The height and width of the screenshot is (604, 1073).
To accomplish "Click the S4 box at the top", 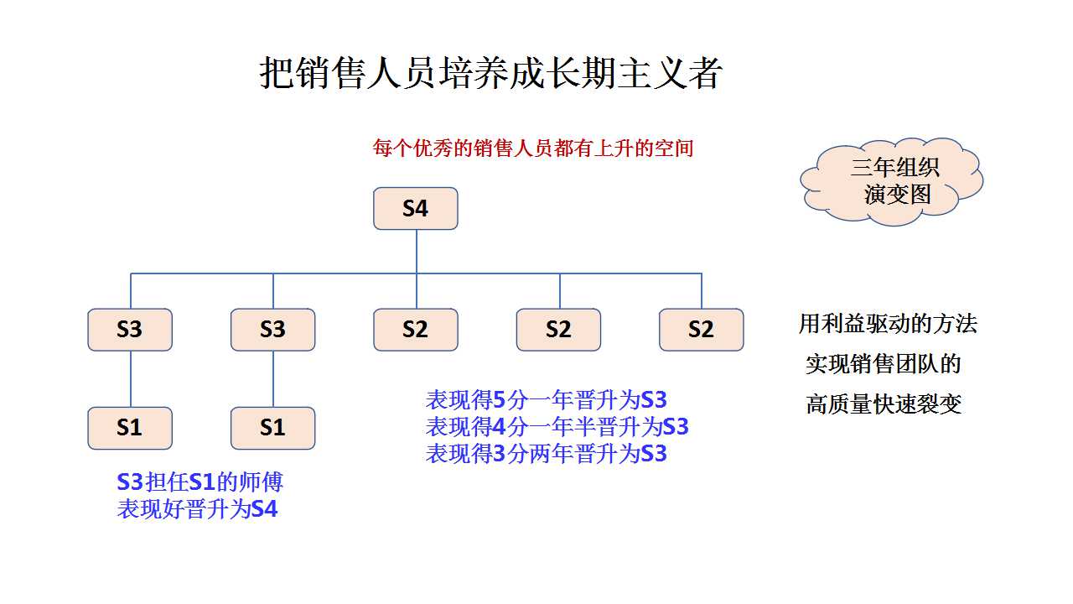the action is [415, 209].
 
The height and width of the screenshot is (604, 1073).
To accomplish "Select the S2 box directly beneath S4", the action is [415, 330].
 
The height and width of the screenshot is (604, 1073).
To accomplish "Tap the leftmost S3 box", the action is [130, 330].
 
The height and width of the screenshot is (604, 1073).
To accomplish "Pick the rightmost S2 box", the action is [702, 330].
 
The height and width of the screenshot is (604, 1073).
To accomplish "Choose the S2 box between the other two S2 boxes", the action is [558, 330].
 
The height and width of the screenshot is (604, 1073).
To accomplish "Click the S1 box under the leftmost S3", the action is [130, 428].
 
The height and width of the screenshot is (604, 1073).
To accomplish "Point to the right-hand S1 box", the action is [273, 428].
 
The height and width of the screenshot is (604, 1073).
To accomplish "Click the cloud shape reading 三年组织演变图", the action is [892, 181].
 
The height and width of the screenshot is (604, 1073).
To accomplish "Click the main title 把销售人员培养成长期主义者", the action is [490, 73].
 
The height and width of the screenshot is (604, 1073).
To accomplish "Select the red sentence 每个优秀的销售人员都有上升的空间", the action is [533, 148].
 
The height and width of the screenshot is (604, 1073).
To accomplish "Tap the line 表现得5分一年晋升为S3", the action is [546, 400].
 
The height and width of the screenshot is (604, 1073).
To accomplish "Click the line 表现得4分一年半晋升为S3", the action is [557, 427].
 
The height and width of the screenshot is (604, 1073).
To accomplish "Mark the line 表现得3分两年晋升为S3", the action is [546, 454].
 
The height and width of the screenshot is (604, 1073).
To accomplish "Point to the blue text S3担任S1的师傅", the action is [200, 482].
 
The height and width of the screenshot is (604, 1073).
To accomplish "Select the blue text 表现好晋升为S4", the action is [197, 508].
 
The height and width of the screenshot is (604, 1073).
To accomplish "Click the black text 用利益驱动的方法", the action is [888, 324].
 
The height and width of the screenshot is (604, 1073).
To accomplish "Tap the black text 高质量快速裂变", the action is [884, 404].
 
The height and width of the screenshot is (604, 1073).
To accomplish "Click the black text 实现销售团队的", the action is [884, 364].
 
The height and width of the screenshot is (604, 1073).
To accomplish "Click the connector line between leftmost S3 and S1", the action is [131, 378].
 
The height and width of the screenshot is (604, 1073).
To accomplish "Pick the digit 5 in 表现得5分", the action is [499, 400].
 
